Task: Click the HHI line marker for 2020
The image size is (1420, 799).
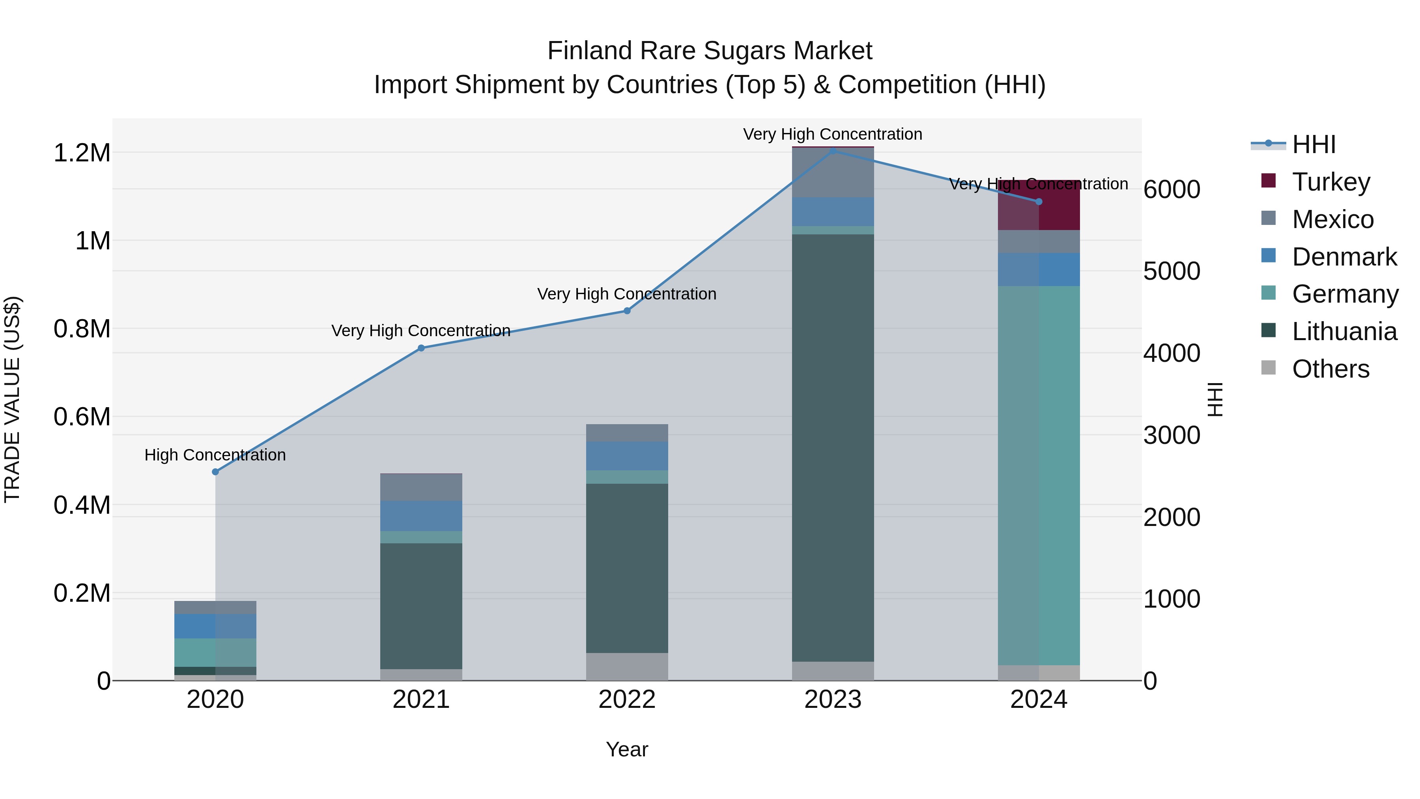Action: pyautogui.click(x=215, y=472)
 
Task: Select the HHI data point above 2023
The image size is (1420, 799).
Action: pyautogui.click(x=833, y=151)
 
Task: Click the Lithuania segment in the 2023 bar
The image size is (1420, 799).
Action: pyautogui.click(x=833, y=447)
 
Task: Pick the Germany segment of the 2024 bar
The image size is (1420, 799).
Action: pyautogui.click(x=1039, y=474)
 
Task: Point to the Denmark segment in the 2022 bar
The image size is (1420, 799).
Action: pyautogui.click(x=627, y=456)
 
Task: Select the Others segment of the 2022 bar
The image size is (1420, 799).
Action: pyautogui.click(x=627, y=667)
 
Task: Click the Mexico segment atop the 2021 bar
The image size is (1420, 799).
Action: pyautogui.click(x=421, y=487)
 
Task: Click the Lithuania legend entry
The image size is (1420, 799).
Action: pyautogui.click(x=1344, y=332)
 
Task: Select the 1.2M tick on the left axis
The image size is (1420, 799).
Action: pyautogui.click(x=82, y=153)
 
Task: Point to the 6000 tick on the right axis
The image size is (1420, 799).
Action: pyautogui.click(x=1171, y=190)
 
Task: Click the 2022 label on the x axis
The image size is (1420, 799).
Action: pyautogui.click(x=627, y=700)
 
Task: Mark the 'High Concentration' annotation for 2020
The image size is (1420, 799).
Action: pyautogui.click(x=215, y=455)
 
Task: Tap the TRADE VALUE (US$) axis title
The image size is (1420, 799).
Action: pyautogui.click(x=13, y=399)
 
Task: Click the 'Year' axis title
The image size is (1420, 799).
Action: pyautogui.click(x=627, y=750)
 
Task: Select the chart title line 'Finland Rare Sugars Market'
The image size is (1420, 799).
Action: pyautogui.click(x=710, y=51)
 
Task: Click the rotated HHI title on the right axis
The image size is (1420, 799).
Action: pyautogui.click(x=1215, y=399)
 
